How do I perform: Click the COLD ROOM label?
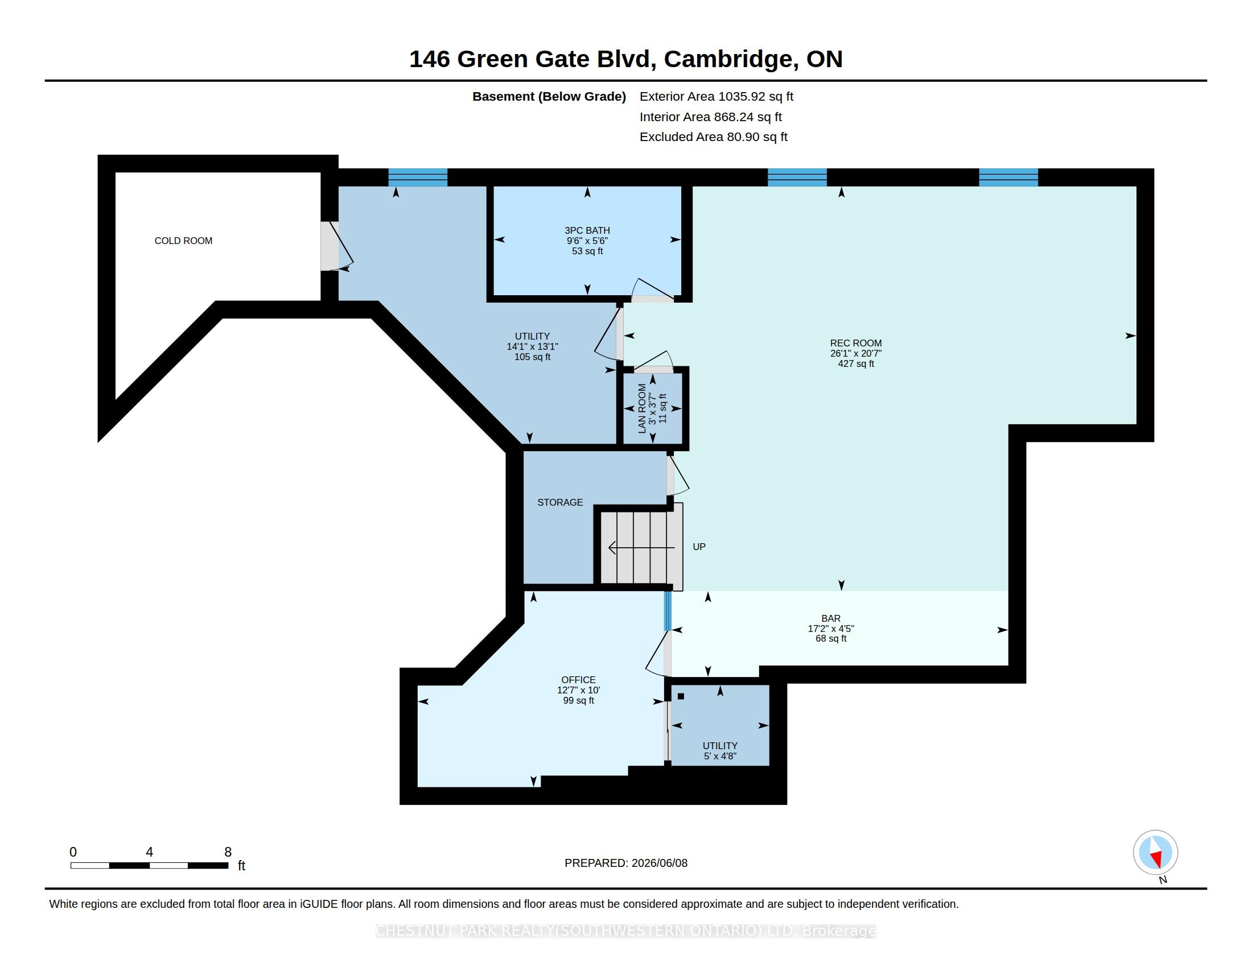tap(183, 241)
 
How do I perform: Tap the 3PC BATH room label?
tap(587, 230)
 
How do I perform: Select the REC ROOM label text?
tap(856, 343)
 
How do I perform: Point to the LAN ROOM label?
tap(642, 408)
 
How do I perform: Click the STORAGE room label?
tap(560, 502)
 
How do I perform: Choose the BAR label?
tap(831, 619)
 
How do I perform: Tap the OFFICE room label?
tap(578, 680)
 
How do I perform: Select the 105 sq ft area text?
tap(533, 357)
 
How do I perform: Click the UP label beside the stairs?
tap(699, 547)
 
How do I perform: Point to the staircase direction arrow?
tap(641, 548)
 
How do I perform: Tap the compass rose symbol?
tap(1155, 853)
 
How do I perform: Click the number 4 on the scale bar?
tap(150, 852)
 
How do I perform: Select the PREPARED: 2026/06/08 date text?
tap(626, 863)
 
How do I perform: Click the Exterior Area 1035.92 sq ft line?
tap(716, 96)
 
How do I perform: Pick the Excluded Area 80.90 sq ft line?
tap(714, 137)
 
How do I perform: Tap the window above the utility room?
tap(418, 177)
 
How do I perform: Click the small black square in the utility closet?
tap(681, 697)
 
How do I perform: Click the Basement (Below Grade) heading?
tap(549, 97)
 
